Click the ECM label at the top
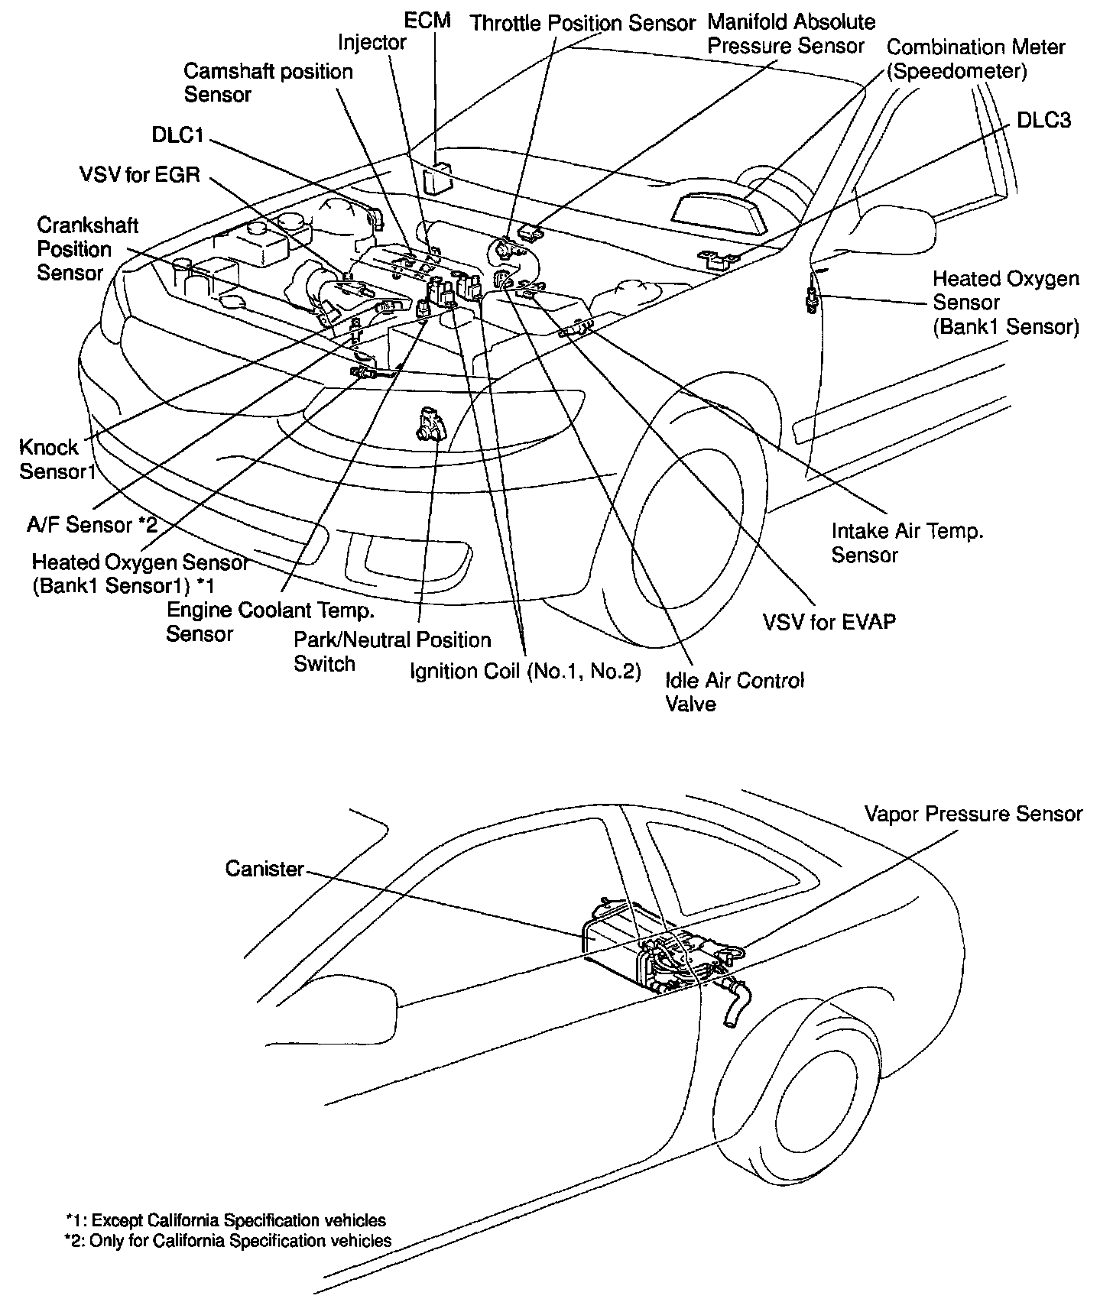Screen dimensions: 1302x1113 pyautogui.click(x=427, y=20)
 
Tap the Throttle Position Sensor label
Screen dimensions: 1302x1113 pyautogui.click(x=582, y=24)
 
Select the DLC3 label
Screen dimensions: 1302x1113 pyautogui.click(x=1043, y=120)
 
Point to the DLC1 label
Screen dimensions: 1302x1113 pyautogui.click(x=177, y=136)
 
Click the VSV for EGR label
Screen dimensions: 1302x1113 pyautogui.click(x=139, y=175)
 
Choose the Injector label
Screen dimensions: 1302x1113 pyautogui.click(x=372, y=43)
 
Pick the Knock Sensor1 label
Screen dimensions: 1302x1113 pyautogui.click(x=57, y=459)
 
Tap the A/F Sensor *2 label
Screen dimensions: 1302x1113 pyautogui.click(x=92, y=525)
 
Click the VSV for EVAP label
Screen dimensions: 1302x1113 pyautogui.click(x=829, y=621)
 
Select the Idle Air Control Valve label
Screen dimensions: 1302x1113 pyautogui.click(x=735, y=691)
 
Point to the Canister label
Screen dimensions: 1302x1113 pyautogui.click(x=264, y=869)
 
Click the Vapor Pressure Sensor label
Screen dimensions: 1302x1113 pyautogui.click(x=973, y=814)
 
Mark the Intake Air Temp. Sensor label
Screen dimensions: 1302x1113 pyautogui.click(x=907, y=542)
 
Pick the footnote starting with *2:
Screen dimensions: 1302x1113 pyautogui.click(x=229, y=1241)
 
